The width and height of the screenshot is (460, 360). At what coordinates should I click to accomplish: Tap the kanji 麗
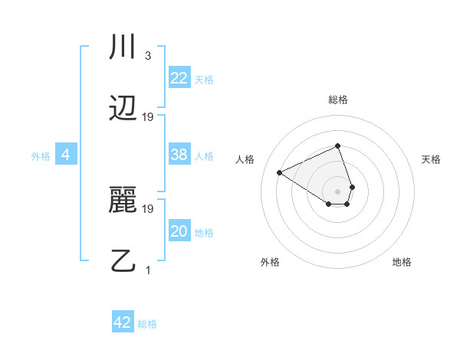(123, 201)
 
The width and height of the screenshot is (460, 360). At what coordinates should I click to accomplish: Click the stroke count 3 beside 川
(147, 56)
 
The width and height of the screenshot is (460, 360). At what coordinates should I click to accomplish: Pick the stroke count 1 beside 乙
(148, 270)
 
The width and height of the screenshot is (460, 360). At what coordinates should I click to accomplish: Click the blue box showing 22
(179, 78)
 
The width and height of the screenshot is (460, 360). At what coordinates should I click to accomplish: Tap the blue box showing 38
(179, 155)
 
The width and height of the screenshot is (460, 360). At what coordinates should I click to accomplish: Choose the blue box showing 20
(179, 231)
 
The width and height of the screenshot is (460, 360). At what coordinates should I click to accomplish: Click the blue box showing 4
(66, 155)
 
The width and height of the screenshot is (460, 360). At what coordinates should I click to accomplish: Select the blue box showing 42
(123, 322)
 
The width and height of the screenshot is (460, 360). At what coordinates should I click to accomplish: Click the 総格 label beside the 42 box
(147, 324)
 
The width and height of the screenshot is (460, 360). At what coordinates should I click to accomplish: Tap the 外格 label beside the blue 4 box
(41, 156)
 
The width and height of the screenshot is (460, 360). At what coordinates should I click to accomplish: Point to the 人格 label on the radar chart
(245, 159)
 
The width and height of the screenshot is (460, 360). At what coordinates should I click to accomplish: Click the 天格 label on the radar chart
(431, 159)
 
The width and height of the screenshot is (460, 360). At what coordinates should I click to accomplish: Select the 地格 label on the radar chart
(402, 262)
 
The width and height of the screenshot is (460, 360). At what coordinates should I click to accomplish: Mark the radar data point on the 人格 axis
(280, 172)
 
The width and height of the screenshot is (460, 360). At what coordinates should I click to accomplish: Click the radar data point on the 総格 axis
(337, 146)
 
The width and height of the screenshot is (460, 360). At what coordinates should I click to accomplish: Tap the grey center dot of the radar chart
(337, 190)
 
